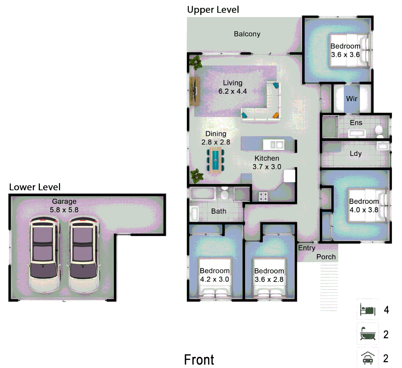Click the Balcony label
(x=247, y=34)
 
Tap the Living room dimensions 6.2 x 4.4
(x=232, y=91)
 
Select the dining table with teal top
(x=215, y=159)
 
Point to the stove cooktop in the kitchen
(x=263, y=196)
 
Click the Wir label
(x=352, y=99)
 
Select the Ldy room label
(x=355, y=154)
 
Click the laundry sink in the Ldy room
(x=383, y=146)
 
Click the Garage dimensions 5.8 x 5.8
(x=64, y=210)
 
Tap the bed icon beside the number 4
(x=368, y=310)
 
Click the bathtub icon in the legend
(x=368, y=334)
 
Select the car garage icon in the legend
(x=368, y=358)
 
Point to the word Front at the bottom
(x=199, y=360)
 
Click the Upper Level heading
(x=213, y=10)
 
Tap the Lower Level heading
(x=35, y=187)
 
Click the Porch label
(x=326, y=257)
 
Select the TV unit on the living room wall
(x=195, y=91)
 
